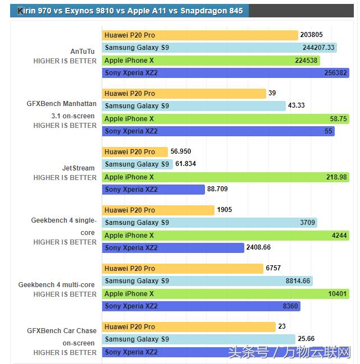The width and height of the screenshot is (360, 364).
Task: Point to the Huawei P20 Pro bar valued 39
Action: click(x=184, y=93)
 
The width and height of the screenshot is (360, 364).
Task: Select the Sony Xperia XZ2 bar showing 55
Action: click(x=218, y=131)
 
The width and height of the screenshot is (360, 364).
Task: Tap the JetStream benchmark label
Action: click(x=79, y=168)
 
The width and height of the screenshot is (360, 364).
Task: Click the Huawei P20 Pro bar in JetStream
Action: click(x=135, y=151)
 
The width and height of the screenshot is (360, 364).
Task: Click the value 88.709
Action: click(x=217, y=190)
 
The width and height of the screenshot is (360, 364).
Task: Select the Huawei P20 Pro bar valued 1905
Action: click(x=158, y=210)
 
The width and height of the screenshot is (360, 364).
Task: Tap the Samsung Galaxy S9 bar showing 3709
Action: click(x=209, y=223)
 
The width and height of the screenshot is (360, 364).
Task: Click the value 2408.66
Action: click(x=259, y=247)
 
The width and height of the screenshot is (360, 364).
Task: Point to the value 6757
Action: click(x=274, y=269)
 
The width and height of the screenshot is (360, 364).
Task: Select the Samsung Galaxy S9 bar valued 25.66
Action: click(x=199, y=339)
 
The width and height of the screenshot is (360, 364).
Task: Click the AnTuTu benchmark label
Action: click(x=83, y=51)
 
